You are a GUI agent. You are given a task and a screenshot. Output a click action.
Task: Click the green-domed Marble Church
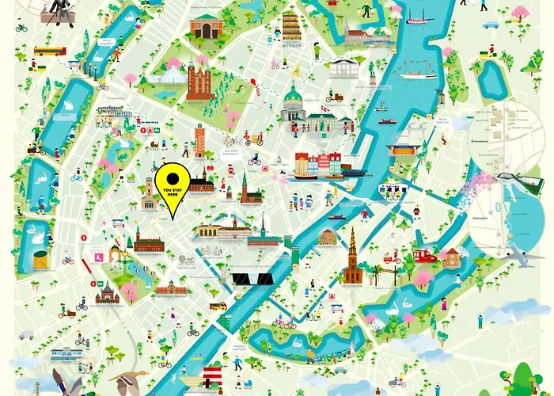tap(293, 105)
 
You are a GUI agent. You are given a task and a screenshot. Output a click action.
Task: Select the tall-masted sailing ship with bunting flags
tap(419, 70)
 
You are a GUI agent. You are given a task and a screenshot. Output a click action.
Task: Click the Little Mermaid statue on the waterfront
tap(372, 71)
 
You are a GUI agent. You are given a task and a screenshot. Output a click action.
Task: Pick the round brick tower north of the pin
tap(199, 140)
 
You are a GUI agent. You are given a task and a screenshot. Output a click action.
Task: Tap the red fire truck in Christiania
tap(426, 256)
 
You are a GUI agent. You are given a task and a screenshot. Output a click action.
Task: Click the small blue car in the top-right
tap(491, 25)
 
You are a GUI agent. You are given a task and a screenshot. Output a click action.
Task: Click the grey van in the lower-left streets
tap(27, 335)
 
